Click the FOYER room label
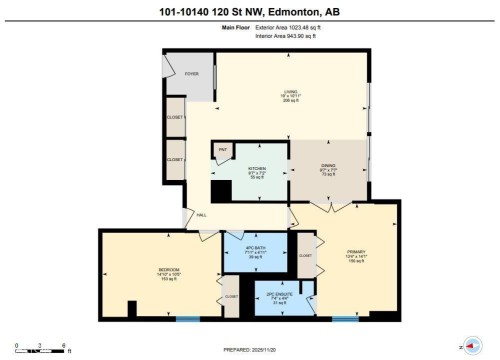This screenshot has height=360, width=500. (191, 74)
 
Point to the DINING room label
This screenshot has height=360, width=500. (327, 167)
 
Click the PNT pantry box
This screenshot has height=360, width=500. (224, 151)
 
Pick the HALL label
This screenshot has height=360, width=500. (201, 215)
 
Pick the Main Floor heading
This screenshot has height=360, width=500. (233, 28)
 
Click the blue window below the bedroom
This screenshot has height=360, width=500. (187, 320)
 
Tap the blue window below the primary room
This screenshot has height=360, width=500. (345, 320)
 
